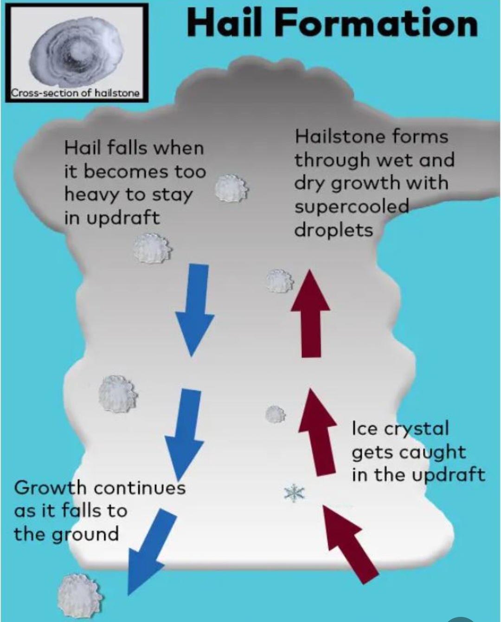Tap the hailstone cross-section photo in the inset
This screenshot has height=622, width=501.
[77, 50]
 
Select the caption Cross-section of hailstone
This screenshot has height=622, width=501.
[75, 93]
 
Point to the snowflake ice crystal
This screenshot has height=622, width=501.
[294, 493]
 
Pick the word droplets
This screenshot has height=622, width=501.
[334, 230]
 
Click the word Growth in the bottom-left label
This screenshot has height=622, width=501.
[50, 488]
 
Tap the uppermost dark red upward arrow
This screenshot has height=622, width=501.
[311, 313]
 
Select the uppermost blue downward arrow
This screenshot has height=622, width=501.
[194, 310]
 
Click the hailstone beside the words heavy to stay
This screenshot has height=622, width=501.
[231, 188]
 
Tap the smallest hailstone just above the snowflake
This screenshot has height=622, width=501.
[276, 414]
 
